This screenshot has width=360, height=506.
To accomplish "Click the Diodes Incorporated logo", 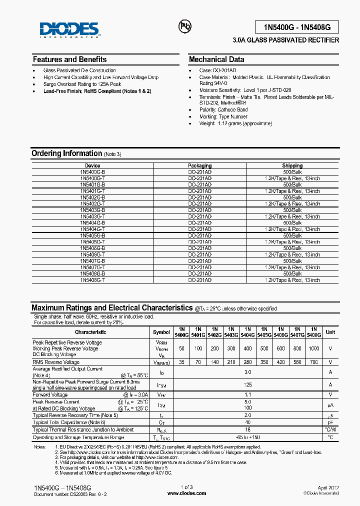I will [70, 29].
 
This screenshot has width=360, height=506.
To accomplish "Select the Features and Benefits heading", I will [69, 59].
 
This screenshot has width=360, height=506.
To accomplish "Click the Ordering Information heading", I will [66, 153].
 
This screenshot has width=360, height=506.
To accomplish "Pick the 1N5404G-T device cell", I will [92, 229].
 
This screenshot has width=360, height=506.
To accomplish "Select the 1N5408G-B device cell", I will [92, 274].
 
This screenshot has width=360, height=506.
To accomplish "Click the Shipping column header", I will [292, 165].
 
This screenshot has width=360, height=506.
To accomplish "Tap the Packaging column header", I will [199, 165].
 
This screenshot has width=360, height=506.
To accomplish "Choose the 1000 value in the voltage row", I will [313, 348].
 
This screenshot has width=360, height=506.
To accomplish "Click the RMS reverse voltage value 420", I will [280, 362].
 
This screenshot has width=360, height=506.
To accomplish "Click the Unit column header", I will [330, 332].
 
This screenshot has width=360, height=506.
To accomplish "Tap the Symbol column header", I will [161, 332].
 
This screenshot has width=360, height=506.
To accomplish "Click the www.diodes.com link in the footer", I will [186, 493].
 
